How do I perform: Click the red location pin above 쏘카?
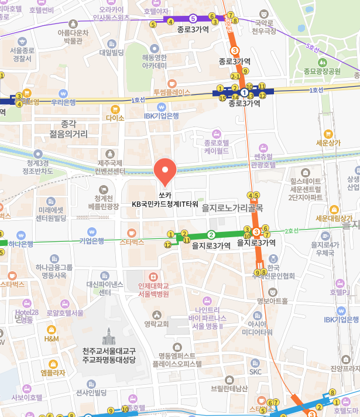(164, 170)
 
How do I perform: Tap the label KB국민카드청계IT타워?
(164, 204)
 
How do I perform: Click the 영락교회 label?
(156, 323)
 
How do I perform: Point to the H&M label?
(52, 339)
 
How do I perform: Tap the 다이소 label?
(115, 117)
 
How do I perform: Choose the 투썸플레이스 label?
(172, 92)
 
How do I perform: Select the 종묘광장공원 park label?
(322, 71)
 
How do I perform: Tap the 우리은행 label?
(63, 102)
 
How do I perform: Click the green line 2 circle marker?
(212, 235)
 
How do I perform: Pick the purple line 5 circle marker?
(193, 18)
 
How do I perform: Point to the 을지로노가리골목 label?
(232, 207)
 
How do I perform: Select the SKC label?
(256, 371)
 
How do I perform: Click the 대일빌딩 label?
(111, 53)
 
